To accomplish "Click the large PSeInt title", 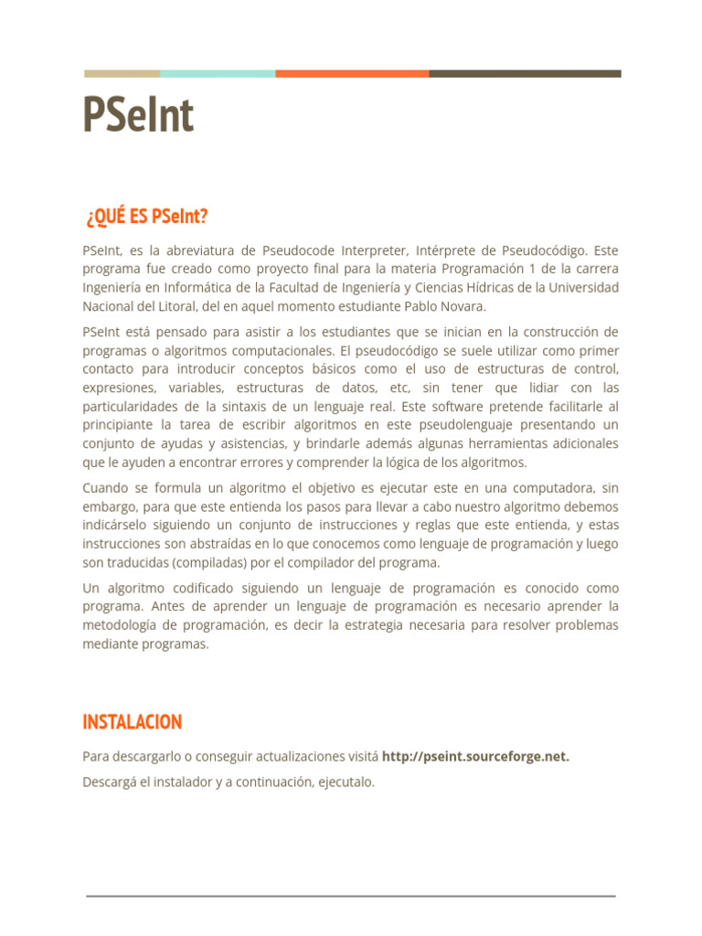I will (138, 116).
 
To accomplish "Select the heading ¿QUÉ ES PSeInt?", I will (146, 217).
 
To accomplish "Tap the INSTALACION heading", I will (132, 722).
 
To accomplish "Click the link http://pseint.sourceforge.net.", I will (475, 757).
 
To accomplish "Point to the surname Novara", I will (463, 306).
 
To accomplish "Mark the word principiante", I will (118, 425).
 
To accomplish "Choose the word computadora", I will (548, 488).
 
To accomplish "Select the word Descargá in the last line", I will (110, 782).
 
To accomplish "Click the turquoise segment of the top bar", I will (218, 74).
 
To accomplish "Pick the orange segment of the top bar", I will (352, 74).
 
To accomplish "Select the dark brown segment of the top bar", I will (525, 74).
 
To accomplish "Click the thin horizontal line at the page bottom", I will (351, 896).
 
